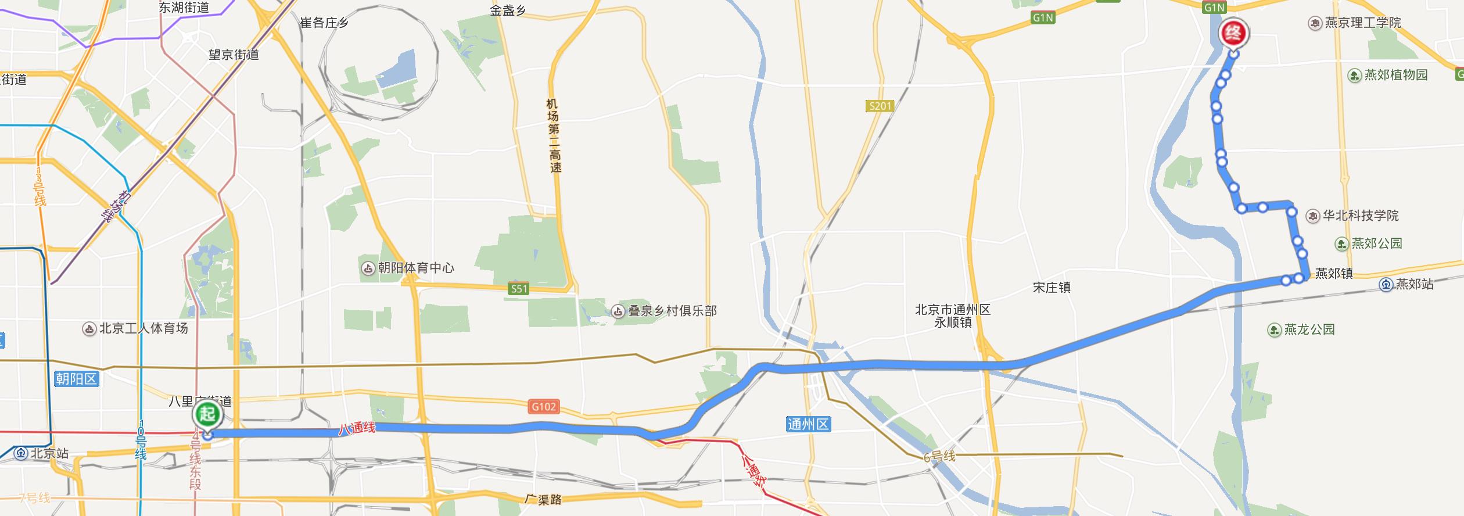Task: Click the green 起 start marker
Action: coord(207,414)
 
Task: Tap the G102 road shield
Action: coord(544,406)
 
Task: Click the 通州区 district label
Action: coord(808,424)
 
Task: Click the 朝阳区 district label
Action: coord(77,379)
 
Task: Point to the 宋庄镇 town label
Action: coord(1052,287)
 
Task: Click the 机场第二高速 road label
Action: coord(554,135)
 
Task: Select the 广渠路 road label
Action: coord(543,499)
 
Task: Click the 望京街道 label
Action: coord(234,55)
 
